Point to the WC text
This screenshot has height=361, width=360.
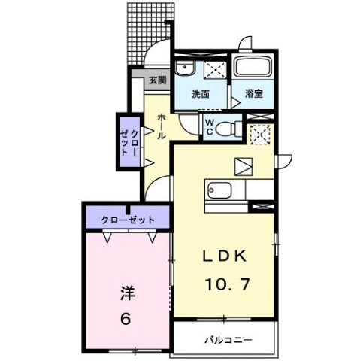(210, 126)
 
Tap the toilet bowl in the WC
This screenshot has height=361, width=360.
(231, 126)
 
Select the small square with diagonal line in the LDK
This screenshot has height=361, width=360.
(245, 165)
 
